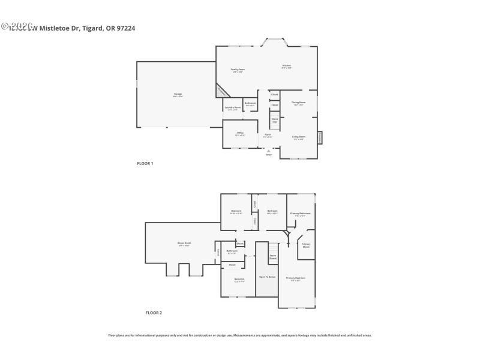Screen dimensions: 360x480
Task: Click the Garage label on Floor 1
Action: (x=178, y=95)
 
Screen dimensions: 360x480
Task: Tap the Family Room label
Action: (x=238, y=70)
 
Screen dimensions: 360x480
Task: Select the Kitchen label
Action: (x=287, y=66)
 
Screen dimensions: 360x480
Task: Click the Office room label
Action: (x=240, y=133)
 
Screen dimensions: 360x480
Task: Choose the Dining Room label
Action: (x=299, y=103)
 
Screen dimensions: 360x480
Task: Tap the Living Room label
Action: (x=299, y=137)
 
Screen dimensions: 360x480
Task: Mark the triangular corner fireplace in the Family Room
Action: (x=221, y=92)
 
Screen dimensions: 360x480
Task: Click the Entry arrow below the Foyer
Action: (x=268, y=151)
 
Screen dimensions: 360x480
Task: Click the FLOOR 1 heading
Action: (x=145, y=163)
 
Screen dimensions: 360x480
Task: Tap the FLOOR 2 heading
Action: (x=154, y=313)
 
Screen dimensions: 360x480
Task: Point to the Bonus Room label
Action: (x=184, y=244)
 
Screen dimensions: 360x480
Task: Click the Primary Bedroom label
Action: (x=296, y=278)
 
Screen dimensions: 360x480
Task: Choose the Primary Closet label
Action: (x=306, y=245)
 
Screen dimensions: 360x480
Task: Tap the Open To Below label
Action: (x=267, y=277)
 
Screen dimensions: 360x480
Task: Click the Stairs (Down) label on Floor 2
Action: (x=273, y=257)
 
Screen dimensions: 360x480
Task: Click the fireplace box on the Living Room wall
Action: (x=320, y=137)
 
